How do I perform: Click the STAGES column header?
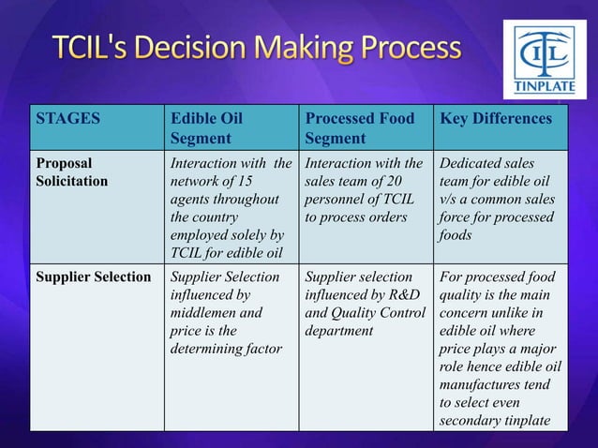[x=67, y=120]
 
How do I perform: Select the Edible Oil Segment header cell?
[x=205, y=129]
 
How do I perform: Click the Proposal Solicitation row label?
[x=72, y=171]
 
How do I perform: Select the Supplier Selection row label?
[x=94, y=277]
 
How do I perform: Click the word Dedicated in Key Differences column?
[x=474, y=162]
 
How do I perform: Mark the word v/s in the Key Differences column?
[x=449, y=198]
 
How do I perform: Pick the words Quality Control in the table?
[x=380, y=312]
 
